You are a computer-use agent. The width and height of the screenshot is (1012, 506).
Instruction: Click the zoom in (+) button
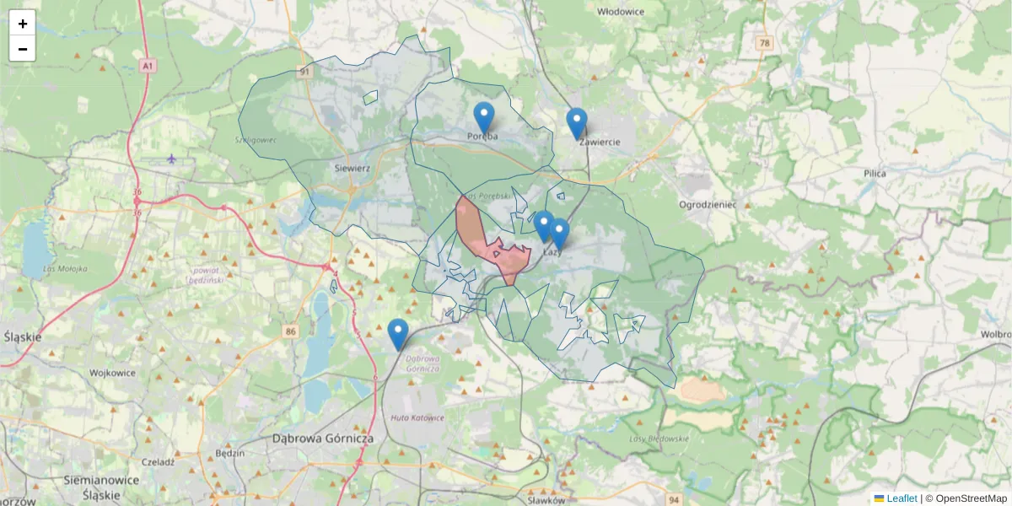coord(23,24)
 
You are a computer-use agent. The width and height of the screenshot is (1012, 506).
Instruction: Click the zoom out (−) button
coord(23,49)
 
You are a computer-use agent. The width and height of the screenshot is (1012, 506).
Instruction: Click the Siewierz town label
coord(352,168)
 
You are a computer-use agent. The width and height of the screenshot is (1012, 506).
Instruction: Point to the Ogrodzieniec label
coord(708,205)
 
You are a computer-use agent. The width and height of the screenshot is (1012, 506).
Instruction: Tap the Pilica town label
coord(875,173)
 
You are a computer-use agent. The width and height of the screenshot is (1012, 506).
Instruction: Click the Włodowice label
coord(621,12)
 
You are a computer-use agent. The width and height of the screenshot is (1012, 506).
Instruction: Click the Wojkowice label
coord(113,372)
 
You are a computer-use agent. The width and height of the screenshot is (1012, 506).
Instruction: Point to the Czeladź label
coord(158,461)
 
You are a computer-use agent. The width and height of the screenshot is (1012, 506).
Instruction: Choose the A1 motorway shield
coord(148,65)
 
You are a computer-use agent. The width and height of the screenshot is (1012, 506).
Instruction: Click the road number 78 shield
coord(764,42)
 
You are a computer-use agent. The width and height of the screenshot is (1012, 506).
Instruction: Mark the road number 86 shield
coord(291,331)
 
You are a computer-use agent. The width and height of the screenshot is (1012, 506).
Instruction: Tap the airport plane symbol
coord(172,159)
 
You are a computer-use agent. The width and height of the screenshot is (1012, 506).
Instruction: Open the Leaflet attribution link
coord(901,498)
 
